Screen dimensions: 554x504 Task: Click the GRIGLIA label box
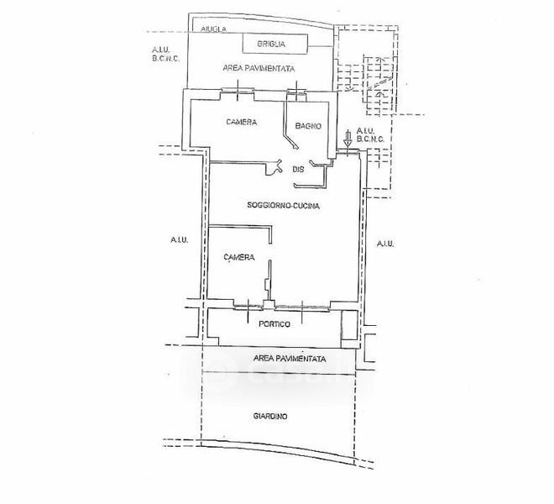(274, 44)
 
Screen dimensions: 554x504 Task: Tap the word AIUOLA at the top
(213, 29)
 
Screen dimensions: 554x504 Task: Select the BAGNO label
(308, 126)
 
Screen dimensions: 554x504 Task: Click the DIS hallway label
(298, 169)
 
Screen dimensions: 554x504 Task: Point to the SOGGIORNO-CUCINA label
(284, 205)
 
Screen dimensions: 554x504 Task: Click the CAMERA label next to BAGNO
(242, 122)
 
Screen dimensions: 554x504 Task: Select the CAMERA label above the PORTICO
(239, 257)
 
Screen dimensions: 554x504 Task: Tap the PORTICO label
(274, 324)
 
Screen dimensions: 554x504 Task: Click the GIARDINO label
(270, 417)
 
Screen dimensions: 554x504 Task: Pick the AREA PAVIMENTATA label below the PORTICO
(290, 359)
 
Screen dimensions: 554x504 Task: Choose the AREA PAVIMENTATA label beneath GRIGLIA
(259, 68)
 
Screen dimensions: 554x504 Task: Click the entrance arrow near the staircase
(348, 139)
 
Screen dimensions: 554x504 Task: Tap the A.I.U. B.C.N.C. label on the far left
(165, 54)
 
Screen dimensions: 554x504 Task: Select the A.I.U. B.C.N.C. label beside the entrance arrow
(370, 134)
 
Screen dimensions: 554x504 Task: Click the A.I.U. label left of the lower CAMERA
(179, 240)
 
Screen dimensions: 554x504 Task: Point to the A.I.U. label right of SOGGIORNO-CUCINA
(385, 244)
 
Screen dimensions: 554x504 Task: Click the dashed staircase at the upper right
(378, 85)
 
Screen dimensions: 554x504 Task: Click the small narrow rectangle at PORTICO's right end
(350, 325)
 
